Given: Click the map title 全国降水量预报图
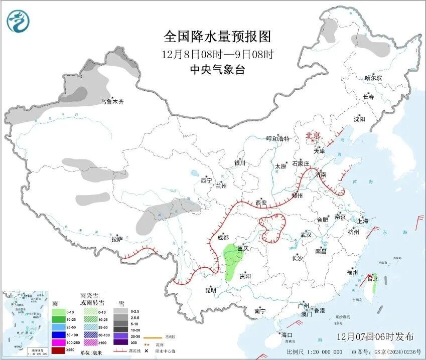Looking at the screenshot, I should (x=217, y=37).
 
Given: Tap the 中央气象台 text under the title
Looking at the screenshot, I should (x=217, y=70).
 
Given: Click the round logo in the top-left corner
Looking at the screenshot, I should (x=18, y=21).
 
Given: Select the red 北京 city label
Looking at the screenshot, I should (x=313, y=135).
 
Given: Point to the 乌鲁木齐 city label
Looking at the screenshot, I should (x=111, y=102).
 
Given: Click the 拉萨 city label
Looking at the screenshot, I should (x=117, y=239).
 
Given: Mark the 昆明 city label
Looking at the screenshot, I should (x=210, y=290).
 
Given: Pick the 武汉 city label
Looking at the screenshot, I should (x=306, y=235).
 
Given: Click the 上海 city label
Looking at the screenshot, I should (x=362, y=221).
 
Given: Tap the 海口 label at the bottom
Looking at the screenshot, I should (x=287, y=334).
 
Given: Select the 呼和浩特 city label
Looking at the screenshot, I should (x=277, y=139).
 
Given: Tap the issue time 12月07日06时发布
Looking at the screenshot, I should (x=376, y=336).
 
